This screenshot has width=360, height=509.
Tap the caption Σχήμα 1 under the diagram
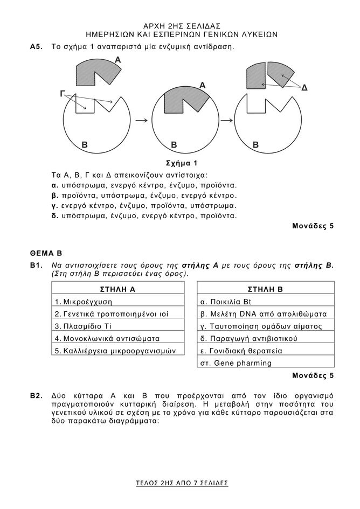(182, 163)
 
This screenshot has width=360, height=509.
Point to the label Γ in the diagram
(63, 94)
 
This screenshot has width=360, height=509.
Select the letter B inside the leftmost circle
(84, 145)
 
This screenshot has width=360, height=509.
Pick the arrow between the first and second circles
(142, 120)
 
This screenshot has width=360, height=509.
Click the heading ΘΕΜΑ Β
(46, 252)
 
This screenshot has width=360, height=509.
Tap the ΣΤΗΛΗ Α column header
(117, 289)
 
